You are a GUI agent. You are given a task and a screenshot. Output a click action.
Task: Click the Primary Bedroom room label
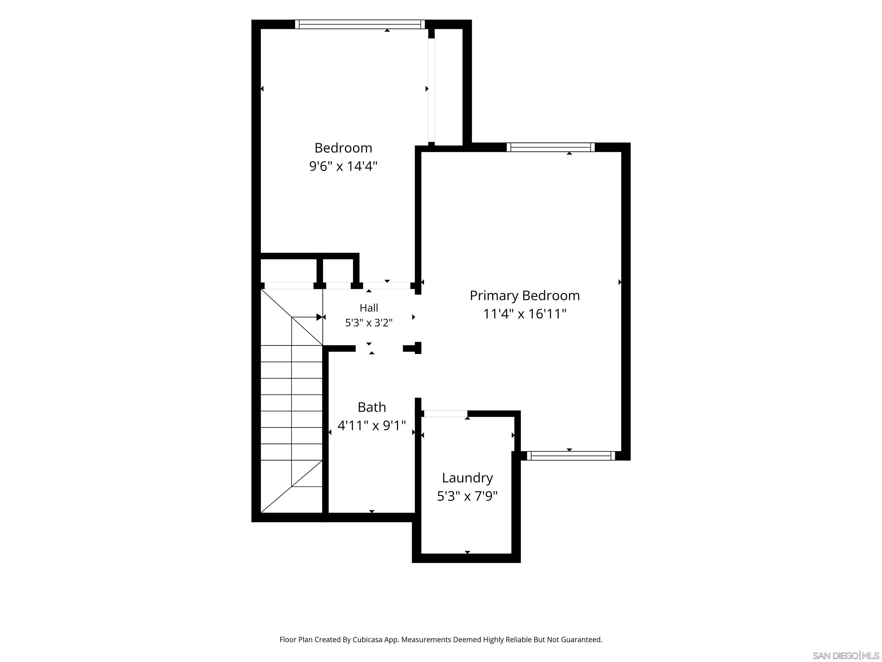point(525,296)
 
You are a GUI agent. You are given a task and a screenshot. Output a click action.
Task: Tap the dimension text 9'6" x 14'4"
point(343,166)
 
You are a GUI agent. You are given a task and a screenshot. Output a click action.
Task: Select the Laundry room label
point(467,478)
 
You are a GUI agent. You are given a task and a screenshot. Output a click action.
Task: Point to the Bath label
point(372,407)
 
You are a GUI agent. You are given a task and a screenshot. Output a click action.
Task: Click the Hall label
point(369,308)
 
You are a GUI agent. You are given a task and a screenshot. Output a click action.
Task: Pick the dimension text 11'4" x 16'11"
point(525,314)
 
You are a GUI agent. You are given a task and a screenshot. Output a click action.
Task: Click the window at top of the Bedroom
point(360,24)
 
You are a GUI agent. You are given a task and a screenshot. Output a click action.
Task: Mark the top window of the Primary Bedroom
point(551,147)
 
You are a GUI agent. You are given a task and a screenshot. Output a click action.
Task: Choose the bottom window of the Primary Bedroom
point(571,456)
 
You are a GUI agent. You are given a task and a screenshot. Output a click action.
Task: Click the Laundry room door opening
point(445,414)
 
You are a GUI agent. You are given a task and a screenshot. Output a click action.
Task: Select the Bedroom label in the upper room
point(343,148)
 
